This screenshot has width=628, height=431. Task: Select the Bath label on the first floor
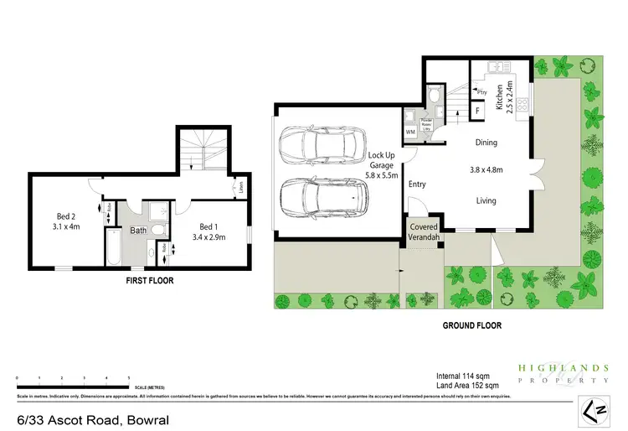coord(137,230)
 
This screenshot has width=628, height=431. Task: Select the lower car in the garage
coord(322,199)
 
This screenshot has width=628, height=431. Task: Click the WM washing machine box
coord(410,132)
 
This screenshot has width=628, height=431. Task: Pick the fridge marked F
coord(477,110)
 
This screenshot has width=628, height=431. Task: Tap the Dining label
coord(486,143)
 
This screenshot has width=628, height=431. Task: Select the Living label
coord(486,200)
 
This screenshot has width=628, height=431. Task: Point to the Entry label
coord(417,184)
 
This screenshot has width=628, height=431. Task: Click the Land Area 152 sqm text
coord(473,385)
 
